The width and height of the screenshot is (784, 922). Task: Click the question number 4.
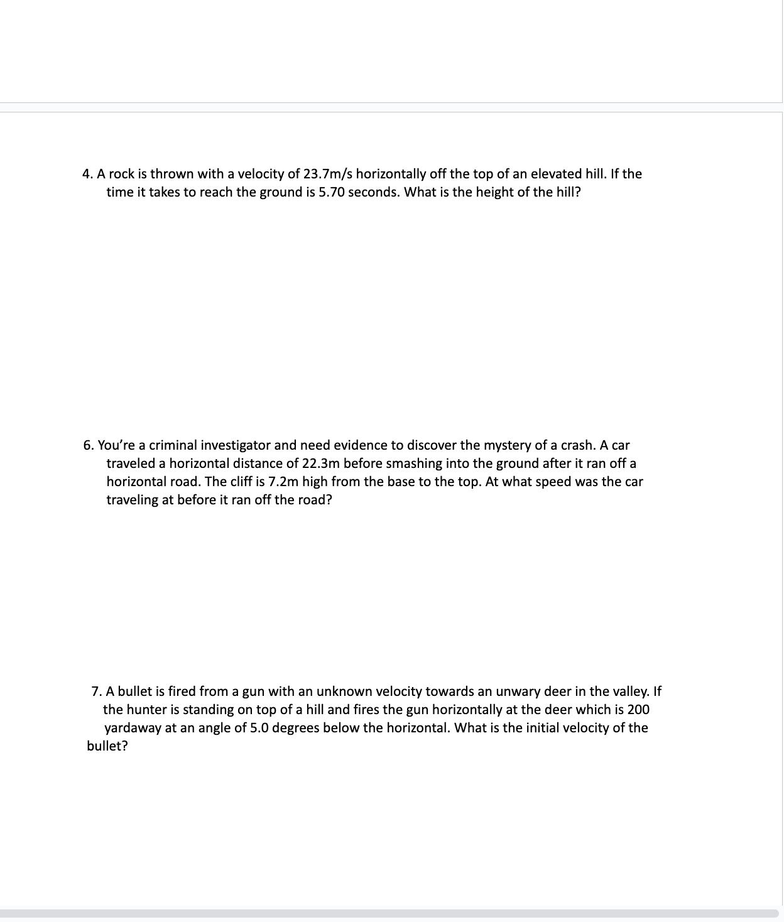coord(87,174)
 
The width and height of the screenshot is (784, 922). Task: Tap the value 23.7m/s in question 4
coord(327,174)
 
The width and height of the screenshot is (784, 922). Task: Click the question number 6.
coord(88,446)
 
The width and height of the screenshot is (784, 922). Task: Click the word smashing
coord(411,464)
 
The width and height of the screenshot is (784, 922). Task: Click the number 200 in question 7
coord(638,710)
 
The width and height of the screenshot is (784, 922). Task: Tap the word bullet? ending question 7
coord(107,747)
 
